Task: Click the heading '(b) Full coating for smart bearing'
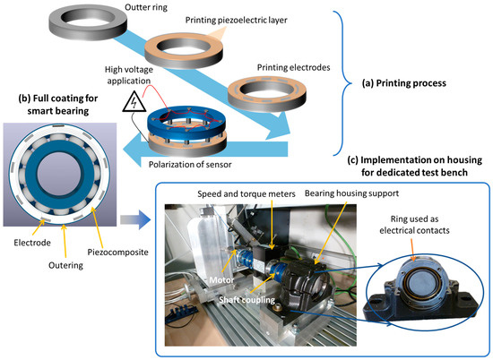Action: [x=59, y=103]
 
